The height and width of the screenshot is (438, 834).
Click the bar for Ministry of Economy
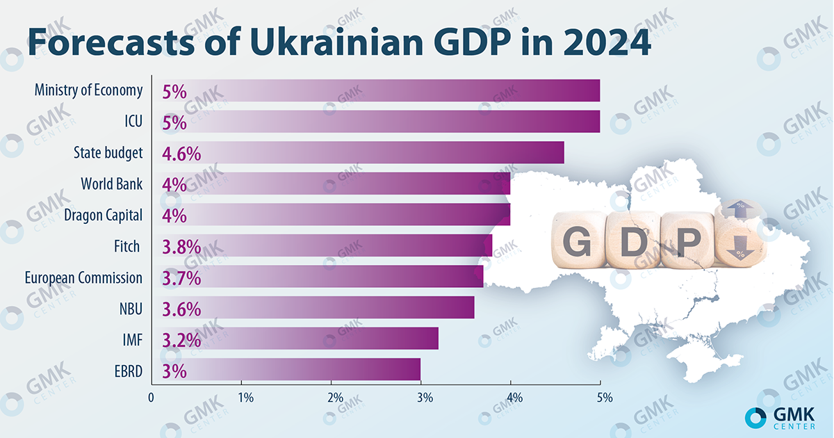coord(375,90)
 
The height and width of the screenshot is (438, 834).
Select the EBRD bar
coord(286,370)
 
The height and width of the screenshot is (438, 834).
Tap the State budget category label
coord(108,153)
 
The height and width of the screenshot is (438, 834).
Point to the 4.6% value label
coord(181,154)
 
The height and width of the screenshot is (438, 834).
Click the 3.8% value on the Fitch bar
coord(181,246)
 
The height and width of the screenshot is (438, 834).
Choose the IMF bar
coord(295,339)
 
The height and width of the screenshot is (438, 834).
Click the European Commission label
coord(83,277)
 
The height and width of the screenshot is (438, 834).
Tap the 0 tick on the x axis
coord(152,398)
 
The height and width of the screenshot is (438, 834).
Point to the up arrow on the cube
coord(737,209)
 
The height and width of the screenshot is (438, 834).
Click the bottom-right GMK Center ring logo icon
coord(755,416)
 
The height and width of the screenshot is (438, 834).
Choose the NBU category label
coord(131,308)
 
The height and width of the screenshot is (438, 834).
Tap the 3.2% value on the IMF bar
coord(181,339)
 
